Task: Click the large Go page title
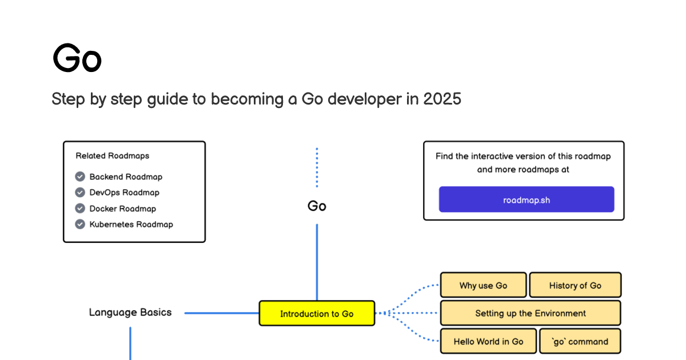click(77, 58)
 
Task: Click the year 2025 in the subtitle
click(442, 99)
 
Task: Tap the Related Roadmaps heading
click(113, 156)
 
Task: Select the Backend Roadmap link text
click(126, 177)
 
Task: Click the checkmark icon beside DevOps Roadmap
click(80, 192)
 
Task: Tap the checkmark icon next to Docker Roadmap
click(80, 208)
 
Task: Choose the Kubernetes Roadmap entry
click(131, 225)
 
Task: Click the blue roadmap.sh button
click(527, 199)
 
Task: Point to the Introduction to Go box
click(317, 313)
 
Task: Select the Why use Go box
click(483, 285)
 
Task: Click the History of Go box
click(576, 285)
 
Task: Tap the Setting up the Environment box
click(531, 313)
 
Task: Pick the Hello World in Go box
click(488, 341)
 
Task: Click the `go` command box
click(580, 341)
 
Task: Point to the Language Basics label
click(130, 312)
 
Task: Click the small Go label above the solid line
click(317, 206)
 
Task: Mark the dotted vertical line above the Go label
click(317, 167)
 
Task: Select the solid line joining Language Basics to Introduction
click(222, 313)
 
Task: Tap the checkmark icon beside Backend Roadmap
click(80, 177)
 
